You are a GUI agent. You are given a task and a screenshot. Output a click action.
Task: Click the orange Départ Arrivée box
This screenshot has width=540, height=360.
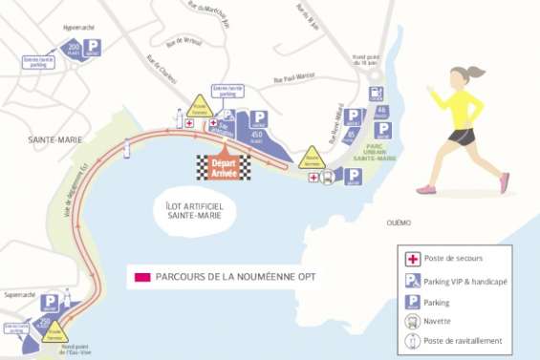[223, 167]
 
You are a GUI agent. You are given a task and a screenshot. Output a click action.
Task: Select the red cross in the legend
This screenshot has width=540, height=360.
[413, 259]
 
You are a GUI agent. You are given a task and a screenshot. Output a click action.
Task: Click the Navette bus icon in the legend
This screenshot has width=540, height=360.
[413, 321]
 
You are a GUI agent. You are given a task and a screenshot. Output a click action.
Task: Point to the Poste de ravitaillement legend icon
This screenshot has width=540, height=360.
[413, 341]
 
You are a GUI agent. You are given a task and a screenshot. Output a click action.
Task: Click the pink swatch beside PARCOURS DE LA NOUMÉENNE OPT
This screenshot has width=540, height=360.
[142, 277]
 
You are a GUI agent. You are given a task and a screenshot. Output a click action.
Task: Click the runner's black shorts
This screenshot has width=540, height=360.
[463, 137]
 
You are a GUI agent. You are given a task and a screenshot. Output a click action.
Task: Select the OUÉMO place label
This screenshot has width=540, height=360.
[399, 222]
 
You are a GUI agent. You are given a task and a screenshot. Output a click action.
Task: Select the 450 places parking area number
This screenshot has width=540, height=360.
[256, 136]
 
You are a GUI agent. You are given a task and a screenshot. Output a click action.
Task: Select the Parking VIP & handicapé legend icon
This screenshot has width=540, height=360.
[413, 280]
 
